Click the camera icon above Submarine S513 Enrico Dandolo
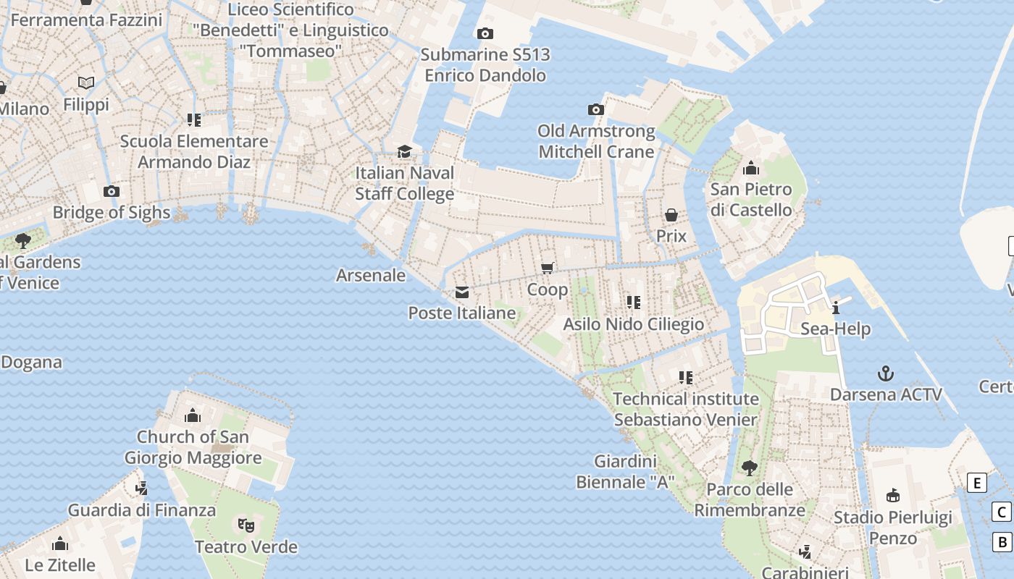click(x=485, y=33)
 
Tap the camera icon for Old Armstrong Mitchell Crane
click(x=596, y=110)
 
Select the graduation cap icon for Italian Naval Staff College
click(x=404, y=151)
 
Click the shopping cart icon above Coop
click(x=548, y=269)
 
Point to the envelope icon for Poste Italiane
click(x=461, y=292)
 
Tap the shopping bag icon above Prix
click(x=671, y=215)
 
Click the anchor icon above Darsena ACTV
click(x=885, y=373)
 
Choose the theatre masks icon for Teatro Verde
click(x=246, y=525)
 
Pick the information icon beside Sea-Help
click(x=836, y=308)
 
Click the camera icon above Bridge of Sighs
click(x=112, y=192)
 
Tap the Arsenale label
click(x=371, y=275)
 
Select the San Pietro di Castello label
click(x=751, y=200)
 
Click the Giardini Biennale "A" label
click(x=626, y=471)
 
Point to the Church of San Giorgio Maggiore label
click(x=193, y=447)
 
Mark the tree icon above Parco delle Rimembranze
click(x=749, y=468)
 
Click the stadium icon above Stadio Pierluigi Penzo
click(x=892, y=496)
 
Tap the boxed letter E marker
click(x=977, y=483)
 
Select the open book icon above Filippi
click(x=86, y=83)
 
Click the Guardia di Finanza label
click(x=142, y=510)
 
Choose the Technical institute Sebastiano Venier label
click(x=686, y=409)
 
